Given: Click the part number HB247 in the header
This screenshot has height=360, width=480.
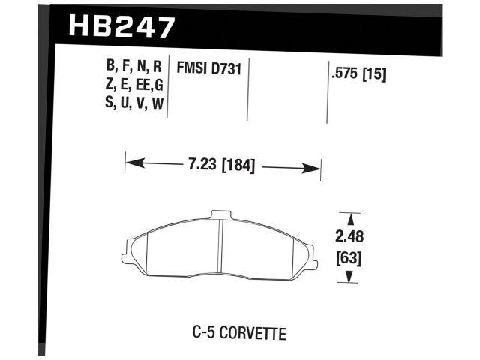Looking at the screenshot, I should pos(121,28).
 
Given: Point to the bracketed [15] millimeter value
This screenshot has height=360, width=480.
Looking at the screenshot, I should pos(373,75).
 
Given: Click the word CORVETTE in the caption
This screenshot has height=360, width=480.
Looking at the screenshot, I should pos(253,332).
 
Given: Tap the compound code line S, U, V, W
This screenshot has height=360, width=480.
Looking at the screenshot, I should pos(135,103).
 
